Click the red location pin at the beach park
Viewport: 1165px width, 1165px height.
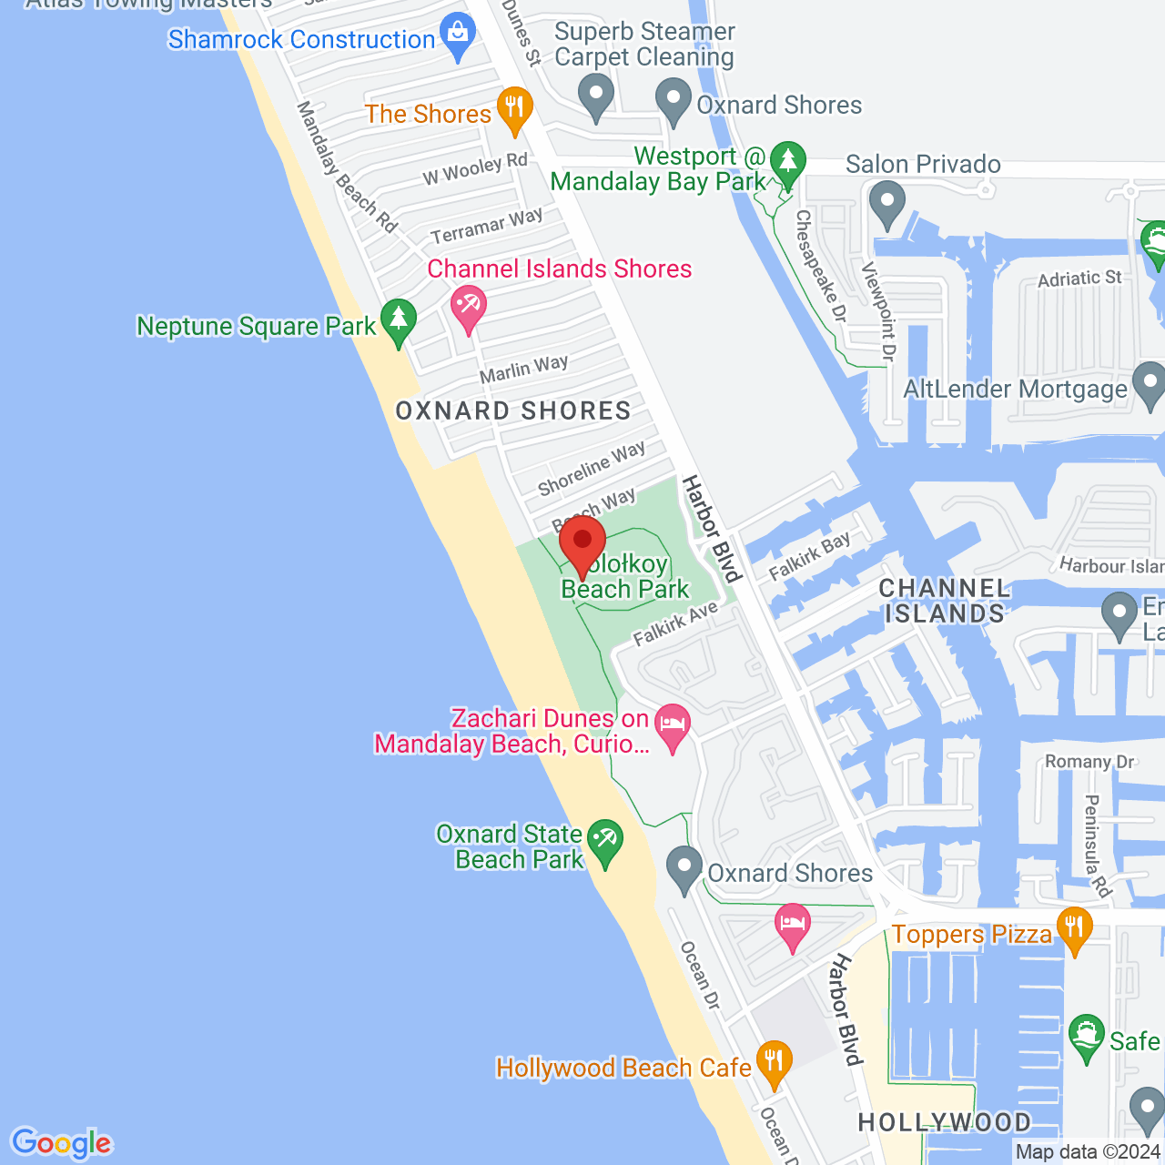tap(582, 542)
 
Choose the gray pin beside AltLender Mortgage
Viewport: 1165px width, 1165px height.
tap(1149, 384)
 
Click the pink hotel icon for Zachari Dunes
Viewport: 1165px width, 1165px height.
tap(673, 726)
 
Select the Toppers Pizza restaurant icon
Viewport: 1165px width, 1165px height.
tap(1075, 929)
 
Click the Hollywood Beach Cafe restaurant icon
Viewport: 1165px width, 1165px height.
tap(774, 1062)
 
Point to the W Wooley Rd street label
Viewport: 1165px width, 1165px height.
tap(475, 169)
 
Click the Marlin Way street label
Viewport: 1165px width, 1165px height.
tap(523, 369)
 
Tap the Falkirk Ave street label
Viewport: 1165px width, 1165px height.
tap(675, 624)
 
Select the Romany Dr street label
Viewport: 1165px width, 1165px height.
tap(1089, 762)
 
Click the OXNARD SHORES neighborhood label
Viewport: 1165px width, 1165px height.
tap(513, 411)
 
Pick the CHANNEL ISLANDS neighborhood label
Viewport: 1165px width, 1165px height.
tap(945, 601)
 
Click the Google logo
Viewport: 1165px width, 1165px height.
tap(62, 1143)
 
